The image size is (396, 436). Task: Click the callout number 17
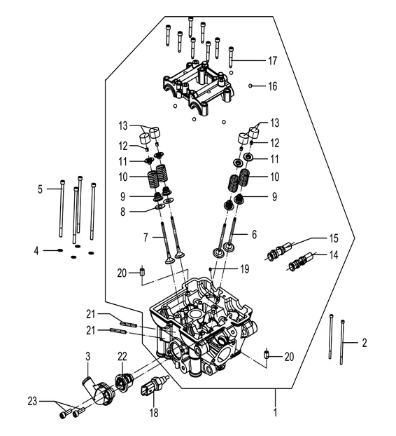click(273, 61)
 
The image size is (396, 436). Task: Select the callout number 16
click(273, 86)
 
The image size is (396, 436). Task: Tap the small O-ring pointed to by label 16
click(250, 86)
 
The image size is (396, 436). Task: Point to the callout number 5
click(41, 189)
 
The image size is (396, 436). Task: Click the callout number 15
click(334, 239)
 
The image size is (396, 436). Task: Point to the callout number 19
click(243, 268)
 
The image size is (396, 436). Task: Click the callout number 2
click(364, 343)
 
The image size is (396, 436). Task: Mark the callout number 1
click(275, 414)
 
